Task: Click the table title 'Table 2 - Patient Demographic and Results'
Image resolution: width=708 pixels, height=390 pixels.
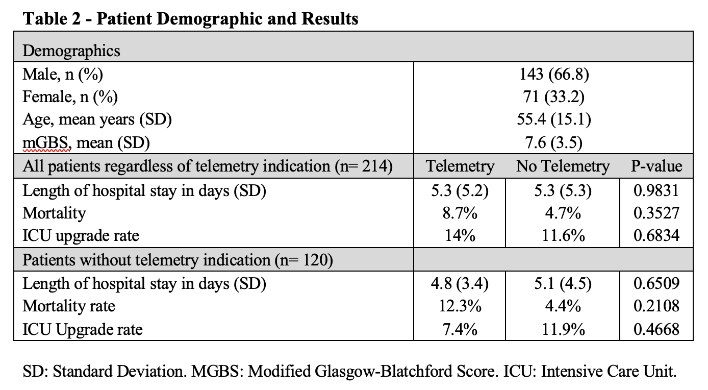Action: pos(191,18)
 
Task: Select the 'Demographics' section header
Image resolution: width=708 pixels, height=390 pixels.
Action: pos(71,51)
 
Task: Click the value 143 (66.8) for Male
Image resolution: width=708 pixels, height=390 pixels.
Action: pos(554,75)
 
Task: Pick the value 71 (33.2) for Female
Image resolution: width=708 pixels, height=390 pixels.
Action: pos(554,96)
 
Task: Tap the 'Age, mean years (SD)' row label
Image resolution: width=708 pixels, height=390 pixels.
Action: pos(97,119)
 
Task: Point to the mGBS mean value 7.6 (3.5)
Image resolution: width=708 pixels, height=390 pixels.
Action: pos(554,142)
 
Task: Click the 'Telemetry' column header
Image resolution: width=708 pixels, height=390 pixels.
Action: pos(460,166)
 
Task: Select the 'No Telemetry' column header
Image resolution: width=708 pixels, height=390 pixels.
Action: pos(563,166)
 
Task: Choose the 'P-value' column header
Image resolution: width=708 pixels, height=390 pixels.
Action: pos(656,166)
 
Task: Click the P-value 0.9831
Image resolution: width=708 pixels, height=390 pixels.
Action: pos(656,190)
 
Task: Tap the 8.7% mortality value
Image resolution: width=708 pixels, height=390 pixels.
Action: pos(460,213)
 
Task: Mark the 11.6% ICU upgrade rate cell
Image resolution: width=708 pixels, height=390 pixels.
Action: pos(563,235)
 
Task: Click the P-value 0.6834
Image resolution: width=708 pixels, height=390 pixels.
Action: pos(656,235)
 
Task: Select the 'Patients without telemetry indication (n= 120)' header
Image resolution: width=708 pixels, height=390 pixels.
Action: pos(178,260)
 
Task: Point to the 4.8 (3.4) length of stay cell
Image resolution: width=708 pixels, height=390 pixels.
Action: pos(460,283)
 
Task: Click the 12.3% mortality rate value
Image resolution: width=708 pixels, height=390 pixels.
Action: pos(460,306)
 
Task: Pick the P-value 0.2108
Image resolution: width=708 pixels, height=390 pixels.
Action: pos(656,306)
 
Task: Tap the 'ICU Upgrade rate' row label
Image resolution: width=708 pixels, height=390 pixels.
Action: pos(83,329)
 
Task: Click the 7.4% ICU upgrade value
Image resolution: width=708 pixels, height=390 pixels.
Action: pos(460,329)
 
